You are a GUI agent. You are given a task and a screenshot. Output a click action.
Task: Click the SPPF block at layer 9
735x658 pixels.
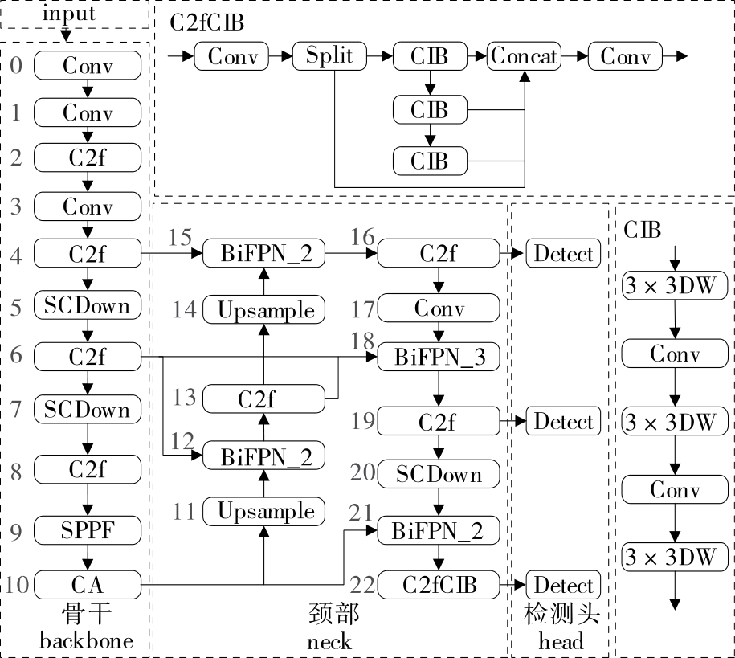point(88,530)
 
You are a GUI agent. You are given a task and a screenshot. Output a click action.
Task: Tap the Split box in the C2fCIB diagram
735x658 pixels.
point(330,57)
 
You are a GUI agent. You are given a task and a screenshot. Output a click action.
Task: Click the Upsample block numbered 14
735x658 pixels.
point(264,310)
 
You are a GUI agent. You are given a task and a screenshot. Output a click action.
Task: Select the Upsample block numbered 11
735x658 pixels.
point(264,512)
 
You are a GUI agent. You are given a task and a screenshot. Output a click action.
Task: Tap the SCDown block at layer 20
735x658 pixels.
point(439,474)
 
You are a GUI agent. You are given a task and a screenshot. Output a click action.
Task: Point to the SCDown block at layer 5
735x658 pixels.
point(88,304)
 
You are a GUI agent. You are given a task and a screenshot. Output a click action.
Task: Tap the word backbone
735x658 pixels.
point(87,641)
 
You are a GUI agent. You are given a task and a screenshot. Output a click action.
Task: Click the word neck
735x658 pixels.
point(329,641)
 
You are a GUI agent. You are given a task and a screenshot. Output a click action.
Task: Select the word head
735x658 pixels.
point(561,641)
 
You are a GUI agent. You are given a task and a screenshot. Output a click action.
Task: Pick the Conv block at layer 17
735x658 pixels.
point(439,308)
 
